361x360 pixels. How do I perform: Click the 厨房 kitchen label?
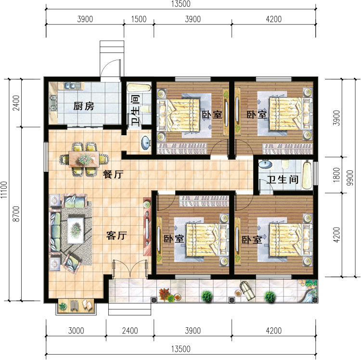click(x=84, y=106)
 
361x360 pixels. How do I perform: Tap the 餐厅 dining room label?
click(x=113, y=175)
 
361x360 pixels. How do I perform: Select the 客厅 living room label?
click(x=116, y=235)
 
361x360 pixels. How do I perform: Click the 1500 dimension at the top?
click(x=139, y=19)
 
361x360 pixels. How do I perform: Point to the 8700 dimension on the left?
click(x=16, y=214)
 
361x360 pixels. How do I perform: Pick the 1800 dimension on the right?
click(x=336, y=175)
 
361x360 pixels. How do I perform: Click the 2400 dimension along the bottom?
click(x=130, y=331)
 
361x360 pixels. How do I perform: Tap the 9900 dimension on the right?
click(x=350, y=178)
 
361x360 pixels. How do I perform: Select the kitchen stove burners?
click(x=53, y=103)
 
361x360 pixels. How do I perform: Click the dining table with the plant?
click(x=84, y=159)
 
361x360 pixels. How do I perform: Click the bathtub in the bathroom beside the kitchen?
click(x=139, y=88)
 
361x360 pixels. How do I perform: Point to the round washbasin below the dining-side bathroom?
click(x=146, y=143)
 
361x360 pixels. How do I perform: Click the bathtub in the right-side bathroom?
click(x=307, y=175)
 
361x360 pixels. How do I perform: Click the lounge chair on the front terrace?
click(x=247, y=291)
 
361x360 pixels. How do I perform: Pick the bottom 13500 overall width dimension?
click(x=180, y=349)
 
